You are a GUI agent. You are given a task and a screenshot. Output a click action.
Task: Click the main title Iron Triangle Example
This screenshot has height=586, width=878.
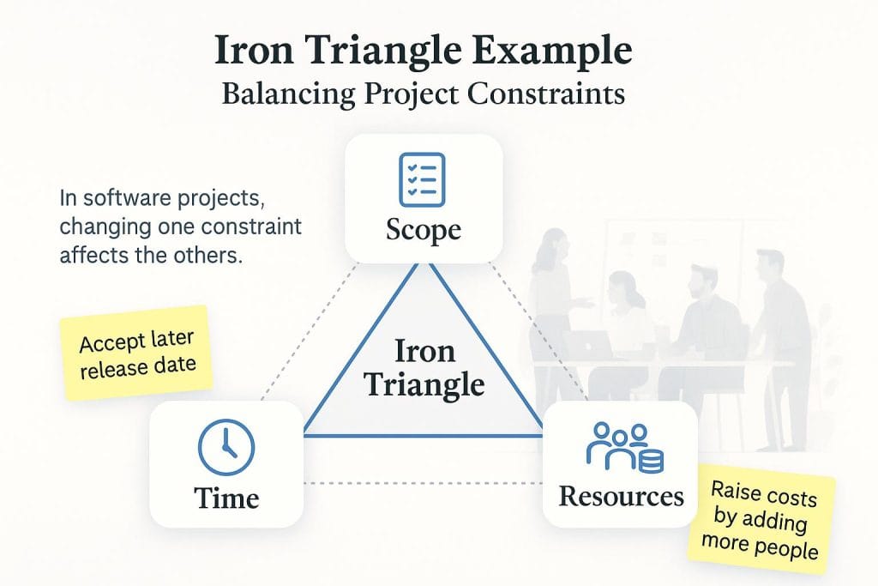click(x=423, y=51)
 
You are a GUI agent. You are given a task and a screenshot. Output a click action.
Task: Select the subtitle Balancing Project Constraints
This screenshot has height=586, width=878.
click(x=423, y=93)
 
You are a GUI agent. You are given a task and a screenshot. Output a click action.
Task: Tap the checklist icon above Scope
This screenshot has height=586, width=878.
click(x=423, y=178)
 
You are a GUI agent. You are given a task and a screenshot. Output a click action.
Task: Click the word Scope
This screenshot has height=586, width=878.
click(x=423, y=229)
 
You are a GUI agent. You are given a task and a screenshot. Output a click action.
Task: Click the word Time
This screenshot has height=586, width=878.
click(x=226, y=498)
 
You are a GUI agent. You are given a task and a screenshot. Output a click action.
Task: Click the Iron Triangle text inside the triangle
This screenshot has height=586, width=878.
click(x=424, y=367)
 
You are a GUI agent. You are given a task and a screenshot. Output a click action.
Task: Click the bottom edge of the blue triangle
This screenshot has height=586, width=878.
click(x=424, y=436)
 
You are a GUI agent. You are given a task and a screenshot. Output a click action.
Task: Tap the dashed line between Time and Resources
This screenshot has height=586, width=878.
click(x=423, y=483)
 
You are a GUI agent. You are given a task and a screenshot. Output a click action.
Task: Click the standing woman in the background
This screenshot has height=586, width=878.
click(x=553, y=292)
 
